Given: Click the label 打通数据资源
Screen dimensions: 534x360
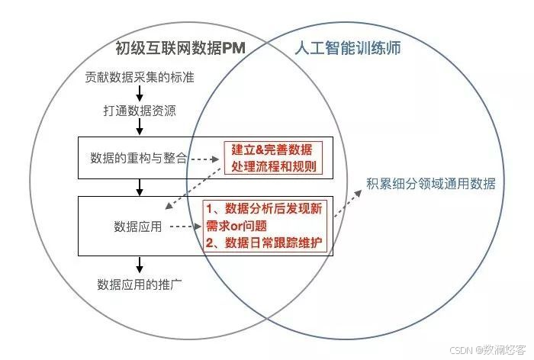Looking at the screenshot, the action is click(x=140, y=111).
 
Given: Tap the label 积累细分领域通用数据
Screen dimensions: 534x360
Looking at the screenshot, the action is click(x=430, y=184).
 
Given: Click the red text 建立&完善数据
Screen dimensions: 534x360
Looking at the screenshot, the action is click(x=272, y=149).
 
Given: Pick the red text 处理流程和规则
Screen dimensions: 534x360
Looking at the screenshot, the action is click(x=272, y=166).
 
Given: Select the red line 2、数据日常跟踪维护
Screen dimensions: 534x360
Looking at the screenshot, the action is click(x=264, y=243).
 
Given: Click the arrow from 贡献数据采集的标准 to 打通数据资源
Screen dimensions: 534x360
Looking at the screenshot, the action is click(x=140, y=94).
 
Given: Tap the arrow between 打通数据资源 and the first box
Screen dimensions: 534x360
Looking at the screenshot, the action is click(x=140, y=127).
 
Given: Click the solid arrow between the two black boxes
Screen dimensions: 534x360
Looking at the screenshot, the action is click(x=140, y=187).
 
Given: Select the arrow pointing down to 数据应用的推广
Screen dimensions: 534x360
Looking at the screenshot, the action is click(x=140, y=265).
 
